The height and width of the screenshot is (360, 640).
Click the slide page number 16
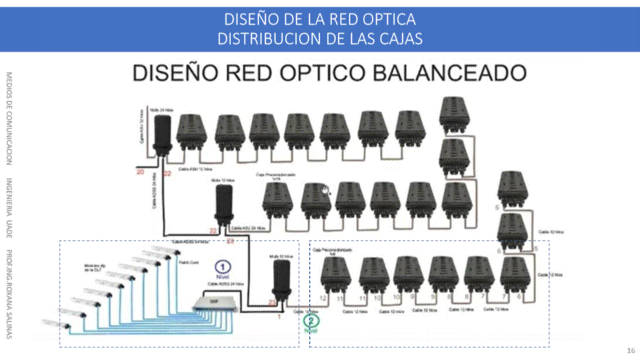pyautogui.click(x=631, y=350)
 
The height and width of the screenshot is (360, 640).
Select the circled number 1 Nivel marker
pyautogui.click(x=223, y=267)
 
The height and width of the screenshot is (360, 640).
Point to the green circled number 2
pyautogui.click(x=311, y=321)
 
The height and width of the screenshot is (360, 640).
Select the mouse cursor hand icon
pyautogui.click(x=326, y=190)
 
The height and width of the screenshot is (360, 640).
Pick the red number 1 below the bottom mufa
pyautogui.click(x=279, y=316)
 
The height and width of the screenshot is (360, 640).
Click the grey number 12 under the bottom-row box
pyautogui.click(x=323, y=298)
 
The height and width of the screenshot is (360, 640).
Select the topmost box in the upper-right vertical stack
pyautogui.click(x=453, y=114)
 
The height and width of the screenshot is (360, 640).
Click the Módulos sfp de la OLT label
pyautogui.click(x=92, y=267)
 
